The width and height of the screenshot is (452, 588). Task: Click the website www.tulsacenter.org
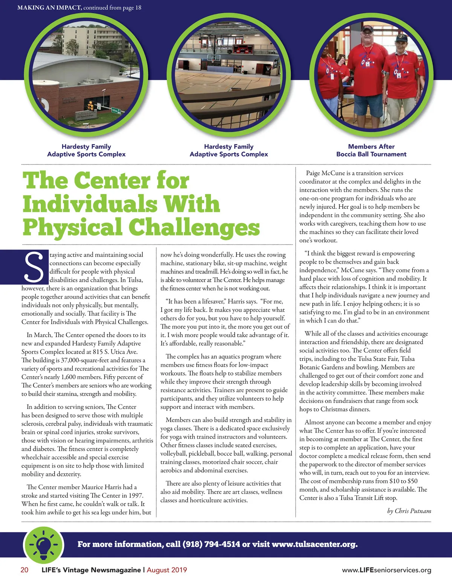click(x=314, y=544)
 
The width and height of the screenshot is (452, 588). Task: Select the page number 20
click(x=24, y=570)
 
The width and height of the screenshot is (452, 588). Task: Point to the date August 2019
click(x=167, y=570)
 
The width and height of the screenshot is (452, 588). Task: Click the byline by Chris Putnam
click(x=409, y=511)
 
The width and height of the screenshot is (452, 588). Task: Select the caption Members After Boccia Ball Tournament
click(x=371, y=150)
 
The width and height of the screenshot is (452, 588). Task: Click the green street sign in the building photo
click(x=116, y=111)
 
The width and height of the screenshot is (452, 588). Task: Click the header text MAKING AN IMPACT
click(x=49, y=8)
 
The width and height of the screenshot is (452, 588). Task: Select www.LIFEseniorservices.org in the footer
click(x=386, y=570)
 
